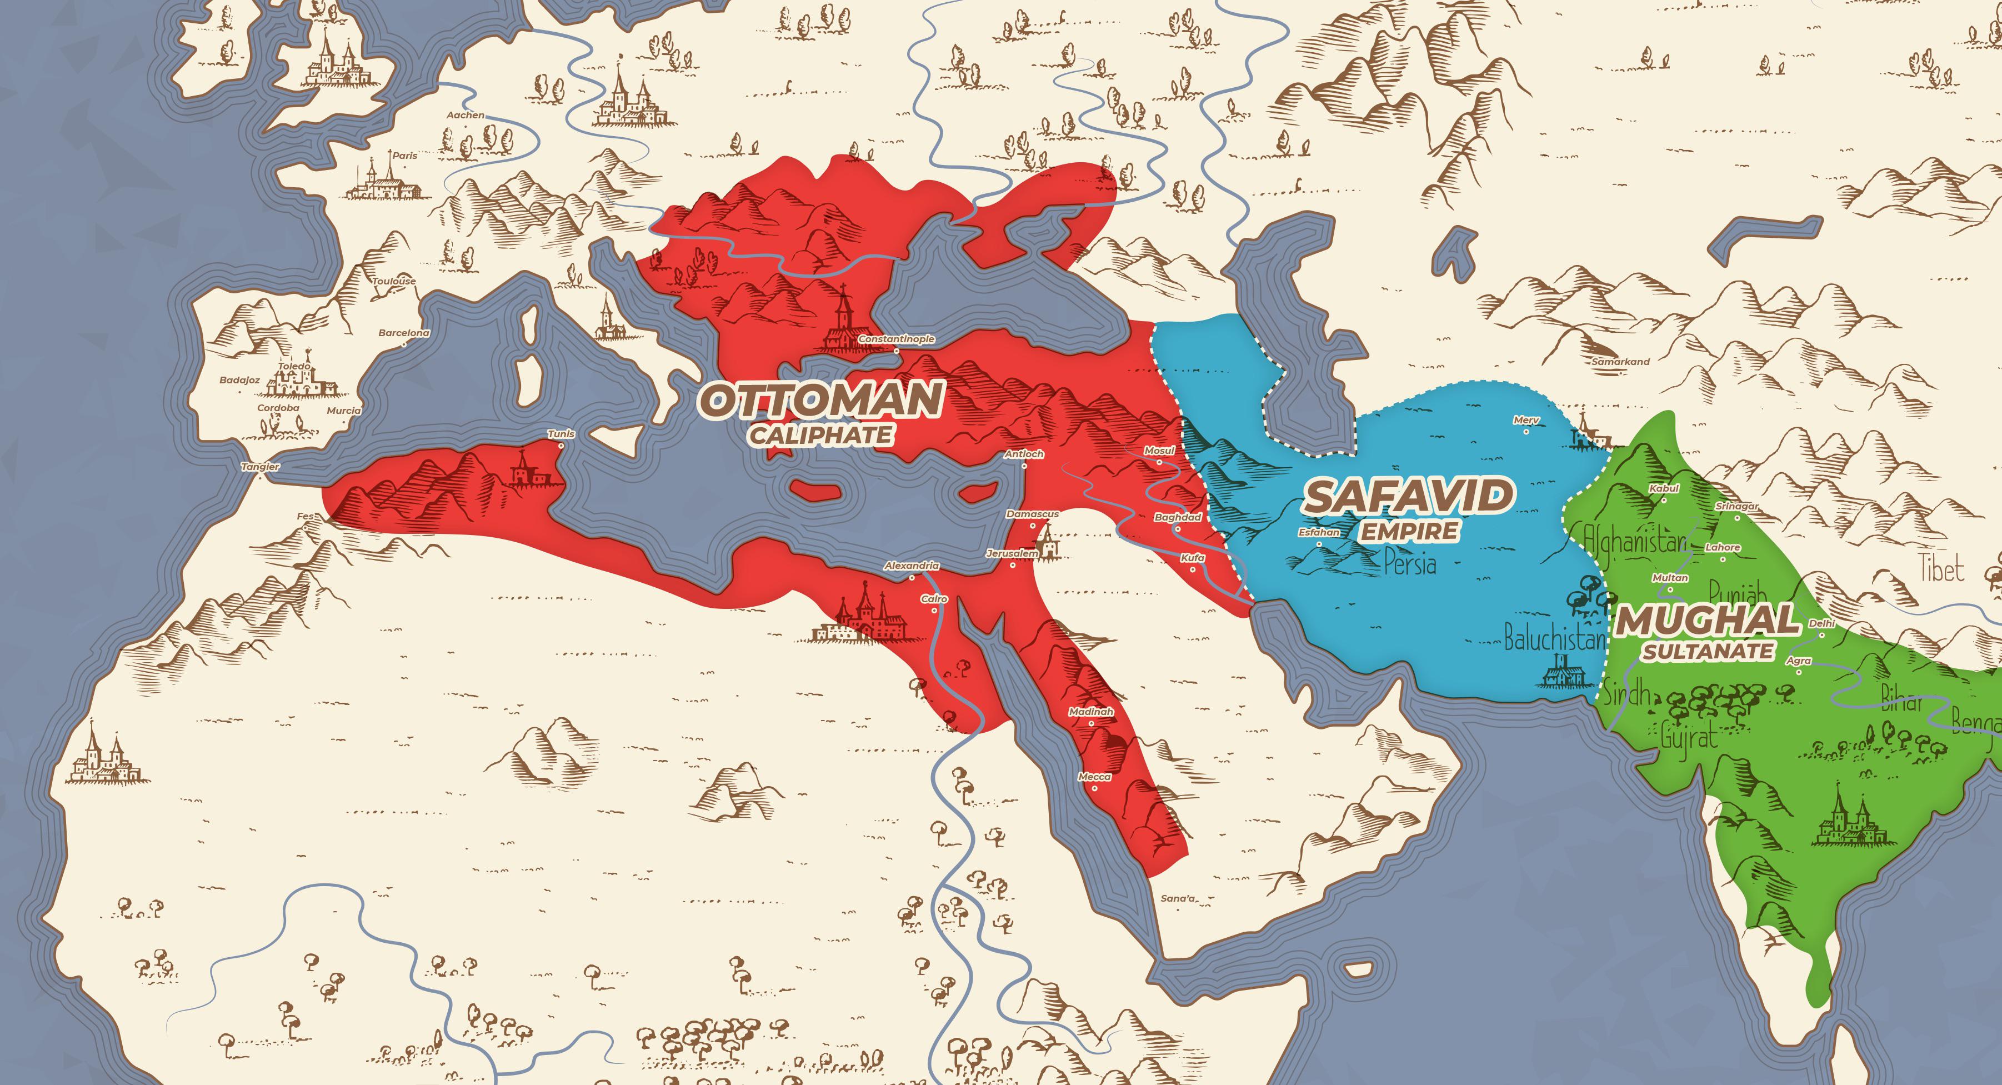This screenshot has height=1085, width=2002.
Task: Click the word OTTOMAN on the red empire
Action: [x=822, y=399]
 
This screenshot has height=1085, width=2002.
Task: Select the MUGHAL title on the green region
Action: [x=1708, y=620]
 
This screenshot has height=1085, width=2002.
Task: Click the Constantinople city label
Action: [x=896, y=339]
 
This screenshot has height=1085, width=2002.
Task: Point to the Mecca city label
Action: [x=1094, y=777]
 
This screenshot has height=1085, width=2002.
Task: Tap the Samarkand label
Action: [x=1620, y=362]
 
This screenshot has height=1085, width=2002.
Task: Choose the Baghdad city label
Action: [x=1178, y=517]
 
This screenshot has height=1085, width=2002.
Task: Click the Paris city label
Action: [x=404, y=156]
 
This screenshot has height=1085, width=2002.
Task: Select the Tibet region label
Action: [x=1941, y=568]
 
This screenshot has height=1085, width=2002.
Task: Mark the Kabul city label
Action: [x=1664, y=488]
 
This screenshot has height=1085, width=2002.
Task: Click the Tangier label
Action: [x=261, y=466]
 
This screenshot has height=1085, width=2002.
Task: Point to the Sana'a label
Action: [x=1178, y=898]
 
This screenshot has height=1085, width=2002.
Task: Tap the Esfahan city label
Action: [x=1319, y=532]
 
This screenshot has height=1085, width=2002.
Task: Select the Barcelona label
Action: [x=403, y=333]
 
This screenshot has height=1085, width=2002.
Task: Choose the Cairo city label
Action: [x=934, y=599]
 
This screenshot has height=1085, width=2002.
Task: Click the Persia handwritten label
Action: [x=1410, y=563]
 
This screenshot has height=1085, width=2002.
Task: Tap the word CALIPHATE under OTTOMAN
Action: [x=820, y=435]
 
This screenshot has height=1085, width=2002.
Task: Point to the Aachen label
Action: [x=465, y=115]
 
